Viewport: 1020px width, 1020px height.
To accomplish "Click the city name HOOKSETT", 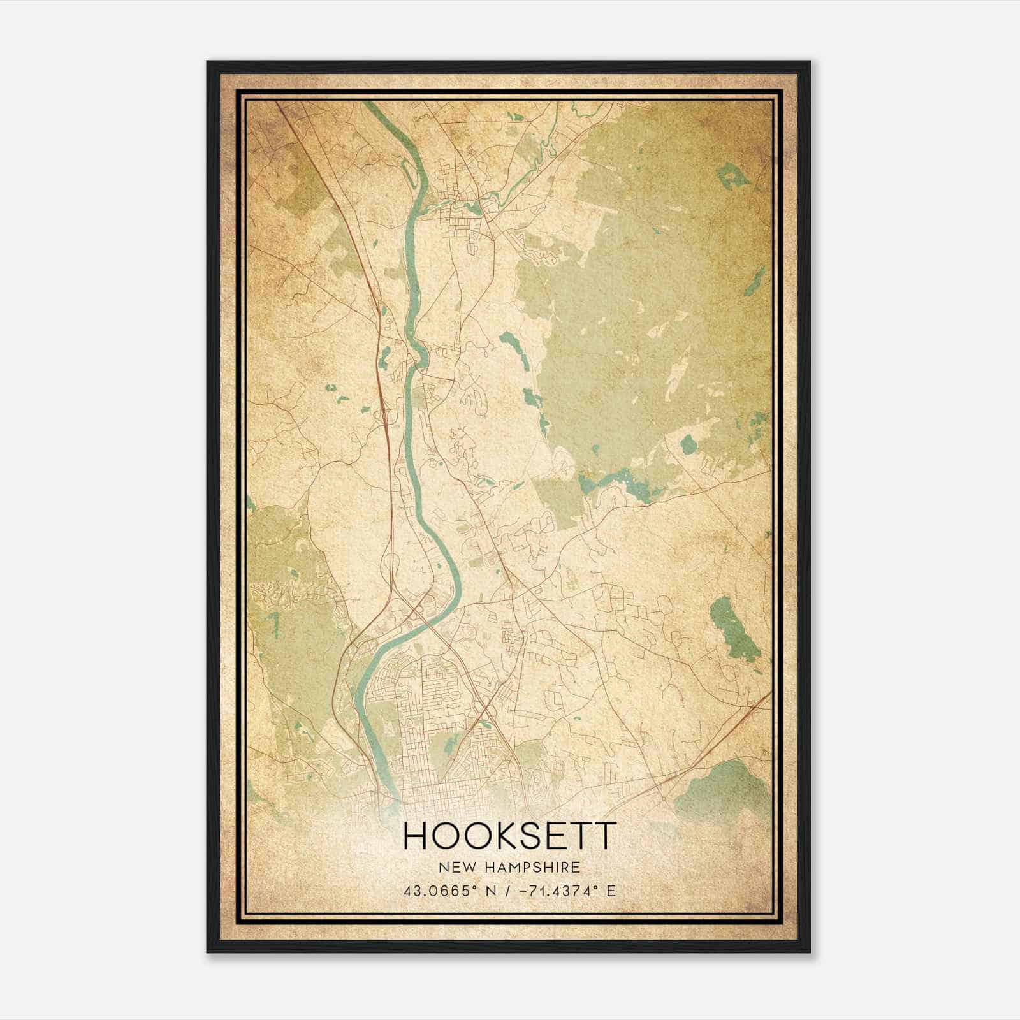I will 510,836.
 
